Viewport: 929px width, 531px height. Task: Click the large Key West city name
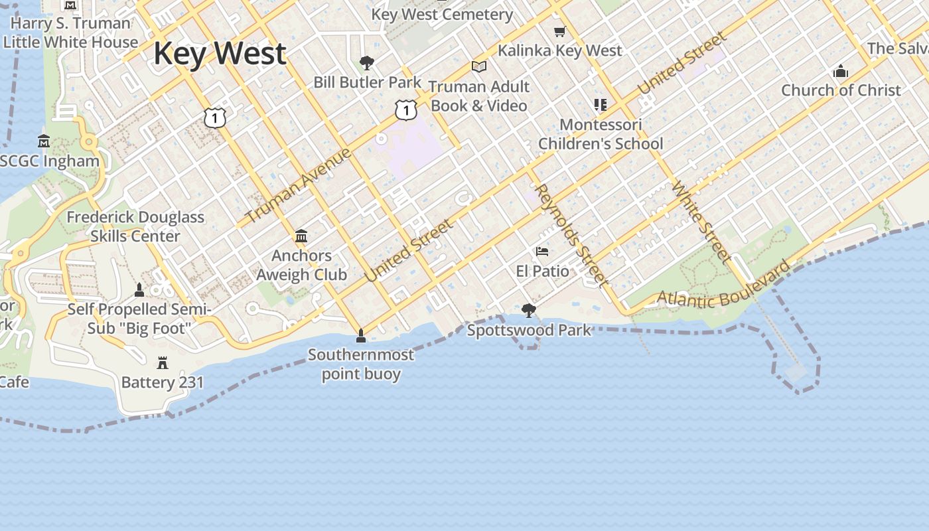click(x=220, y=54)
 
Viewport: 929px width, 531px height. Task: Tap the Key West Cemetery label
click(x=442, y=14)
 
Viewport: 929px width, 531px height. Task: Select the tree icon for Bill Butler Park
click(x=366, y=63)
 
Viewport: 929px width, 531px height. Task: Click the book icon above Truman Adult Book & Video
click(x=478, y=66)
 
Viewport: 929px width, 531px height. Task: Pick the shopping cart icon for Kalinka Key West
click(x=560, y=31)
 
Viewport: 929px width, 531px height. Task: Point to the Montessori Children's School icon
click(x=601, y=105)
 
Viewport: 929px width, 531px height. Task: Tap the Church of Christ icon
click(x=841, y=71)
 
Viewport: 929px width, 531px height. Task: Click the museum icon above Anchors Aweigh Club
click(x=301, y=236)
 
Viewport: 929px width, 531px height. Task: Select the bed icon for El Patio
click(x=542, y=252)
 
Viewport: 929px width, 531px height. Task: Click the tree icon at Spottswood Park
click(x=528, y=310)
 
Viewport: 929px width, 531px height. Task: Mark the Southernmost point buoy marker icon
click(x=361, y=336)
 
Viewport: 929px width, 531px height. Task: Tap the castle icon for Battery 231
click(x=163, y=362)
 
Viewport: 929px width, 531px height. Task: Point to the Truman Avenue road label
click(x=297, y=187)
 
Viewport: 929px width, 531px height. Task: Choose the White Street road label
click(x=701, y=221)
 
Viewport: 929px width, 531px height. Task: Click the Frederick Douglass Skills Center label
click(x=135, y=226)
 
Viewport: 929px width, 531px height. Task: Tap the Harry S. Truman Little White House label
click(x=70, y=33)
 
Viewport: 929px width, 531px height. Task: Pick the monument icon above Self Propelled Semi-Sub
click(x=139, y=290)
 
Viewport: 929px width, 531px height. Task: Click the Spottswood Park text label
click(x=529, y=330)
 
